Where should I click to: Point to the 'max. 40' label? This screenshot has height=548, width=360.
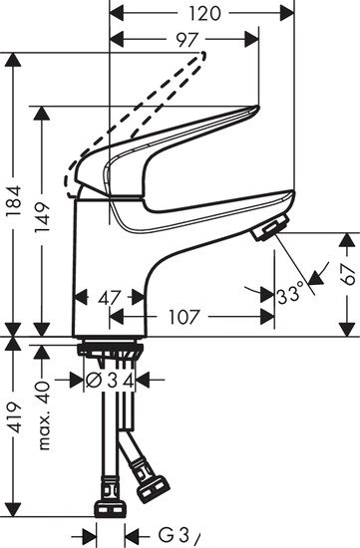pos(43,405)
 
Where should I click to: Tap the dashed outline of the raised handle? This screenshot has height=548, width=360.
pos(150,95)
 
